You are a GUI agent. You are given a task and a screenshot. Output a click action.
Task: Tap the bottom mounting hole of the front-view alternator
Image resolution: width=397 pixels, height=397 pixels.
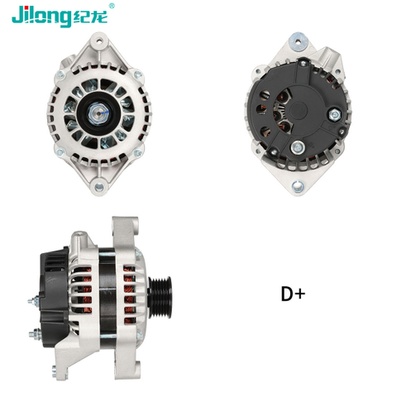99,187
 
